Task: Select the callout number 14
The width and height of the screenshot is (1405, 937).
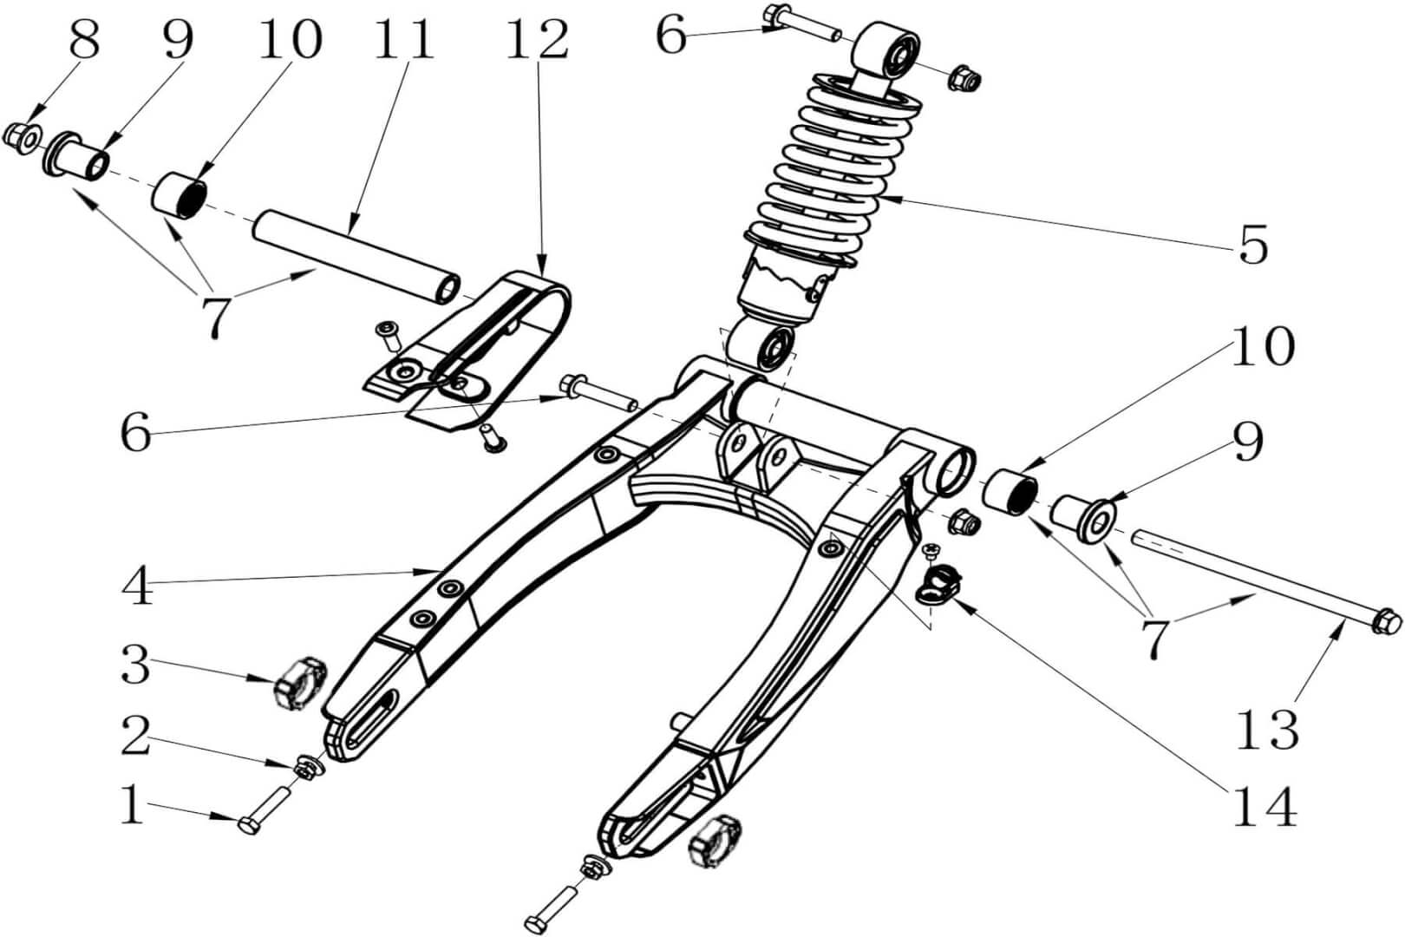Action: (1265, 807)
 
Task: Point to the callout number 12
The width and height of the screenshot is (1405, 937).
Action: (538, 39)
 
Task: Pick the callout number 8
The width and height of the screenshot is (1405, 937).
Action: (84, 39)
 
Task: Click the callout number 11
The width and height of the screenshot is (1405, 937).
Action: (403, 39)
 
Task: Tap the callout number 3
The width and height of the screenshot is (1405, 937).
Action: (135, 666)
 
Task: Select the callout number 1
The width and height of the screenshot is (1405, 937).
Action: (132, 805)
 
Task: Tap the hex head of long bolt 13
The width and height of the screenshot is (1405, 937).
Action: (1388, 621)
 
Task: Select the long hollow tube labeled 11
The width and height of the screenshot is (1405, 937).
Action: (356, 256)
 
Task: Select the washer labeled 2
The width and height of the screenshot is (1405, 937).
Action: (306, 766)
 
